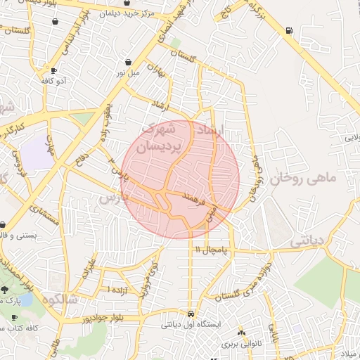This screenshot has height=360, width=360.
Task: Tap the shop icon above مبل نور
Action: tap(127, 62)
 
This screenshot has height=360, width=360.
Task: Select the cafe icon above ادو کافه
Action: tap(54, 71)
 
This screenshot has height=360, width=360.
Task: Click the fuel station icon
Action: tap(290, 30)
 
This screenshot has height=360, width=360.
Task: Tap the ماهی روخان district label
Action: tap(307, 179)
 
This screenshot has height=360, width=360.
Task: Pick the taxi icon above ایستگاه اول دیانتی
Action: tap(191, 314)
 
